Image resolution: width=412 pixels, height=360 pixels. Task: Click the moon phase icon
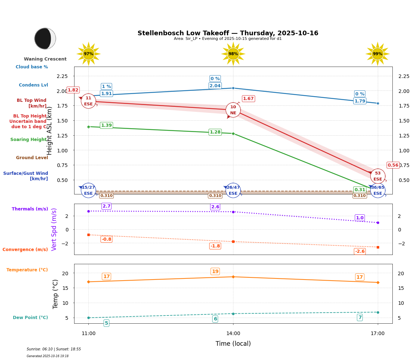click(45, 38)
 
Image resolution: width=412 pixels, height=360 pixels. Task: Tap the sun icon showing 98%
click(233, 54)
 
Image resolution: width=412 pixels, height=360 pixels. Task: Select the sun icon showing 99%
click(377, 54)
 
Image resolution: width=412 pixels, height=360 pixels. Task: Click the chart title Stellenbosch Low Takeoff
click(228, 33)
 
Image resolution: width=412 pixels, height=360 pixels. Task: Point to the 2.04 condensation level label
click(215, 86)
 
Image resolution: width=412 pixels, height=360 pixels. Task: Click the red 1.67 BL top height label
click(248, 99)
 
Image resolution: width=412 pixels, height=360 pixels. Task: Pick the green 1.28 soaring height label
click(215, 132)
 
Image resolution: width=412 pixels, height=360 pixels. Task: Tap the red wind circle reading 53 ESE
click(378, 176)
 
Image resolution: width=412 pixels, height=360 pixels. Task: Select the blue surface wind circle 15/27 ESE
click(88, 191)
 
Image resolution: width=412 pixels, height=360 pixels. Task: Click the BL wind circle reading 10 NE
click(233, 110)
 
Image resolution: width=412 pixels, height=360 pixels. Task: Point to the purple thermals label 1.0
click(360, 218)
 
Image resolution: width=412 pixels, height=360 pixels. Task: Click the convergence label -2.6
click(360, 251)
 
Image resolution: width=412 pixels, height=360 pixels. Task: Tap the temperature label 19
click(215, 271)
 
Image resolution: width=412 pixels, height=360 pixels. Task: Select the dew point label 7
click(360, 317)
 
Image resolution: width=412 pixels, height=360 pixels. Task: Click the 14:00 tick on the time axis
click(233, 333)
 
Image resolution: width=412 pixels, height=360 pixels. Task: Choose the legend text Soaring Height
click(29, 140)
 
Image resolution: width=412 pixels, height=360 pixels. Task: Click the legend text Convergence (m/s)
click(25, 250)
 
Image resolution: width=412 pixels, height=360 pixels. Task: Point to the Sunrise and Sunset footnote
click(54, 349)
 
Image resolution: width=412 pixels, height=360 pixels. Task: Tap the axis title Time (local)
click(233, 344)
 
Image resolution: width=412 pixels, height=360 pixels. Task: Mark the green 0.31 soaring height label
click(360, 190)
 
